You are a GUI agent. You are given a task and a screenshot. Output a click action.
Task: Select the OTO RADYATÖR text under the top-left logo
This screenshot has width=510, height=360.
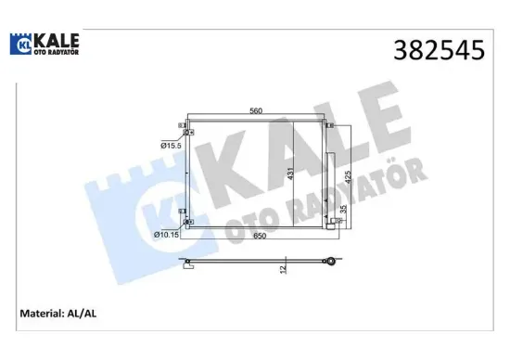point(55,54)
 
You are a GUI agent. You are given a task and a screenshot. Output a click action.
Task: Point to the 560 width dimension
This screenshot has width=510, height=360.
point(255,111)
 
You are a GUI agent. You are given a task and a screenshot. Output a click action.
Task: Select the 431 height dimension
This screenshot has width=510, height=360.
point(290,173)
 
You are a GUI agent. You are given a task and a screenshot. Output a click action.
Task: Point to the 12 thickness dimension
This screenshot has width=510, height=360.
point(284,269)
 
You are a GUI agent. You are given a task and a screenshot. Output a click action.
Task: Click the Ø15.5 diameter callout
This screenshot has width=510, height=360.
point(169,146)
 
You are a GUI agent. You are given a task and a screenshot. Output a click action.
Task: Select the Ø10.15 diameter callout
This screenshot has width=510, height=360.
point(167,234)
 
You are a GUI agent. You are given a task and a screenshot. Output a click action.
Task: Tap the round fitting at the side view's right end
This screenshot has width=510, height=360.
point(328,264)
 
